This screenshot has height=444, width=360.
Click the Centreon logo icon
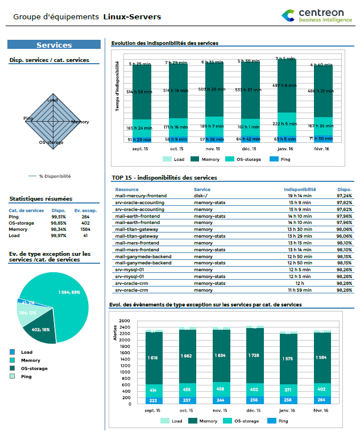coord(289,15)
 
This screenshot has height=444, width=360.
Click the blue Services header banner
coord(54,45)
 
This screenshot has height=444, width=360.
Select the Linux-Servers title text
coord(132,17)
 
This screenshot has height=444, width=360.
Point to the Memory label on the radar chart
coord(80,122)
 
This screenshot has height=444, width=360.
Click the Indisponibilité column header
coord(300,189)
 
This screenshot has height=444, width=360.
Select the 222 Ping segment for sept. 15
coord(154,400)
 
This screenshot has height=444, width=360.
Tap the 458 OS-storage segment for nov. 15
coord(221,389)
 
